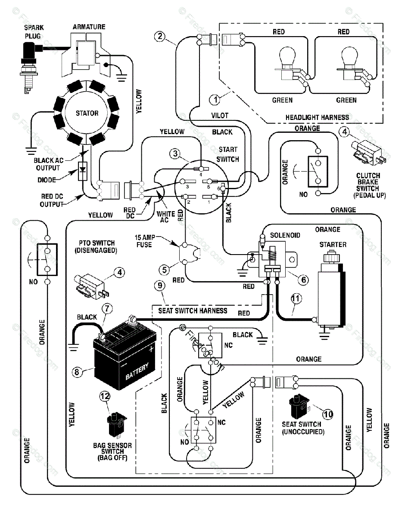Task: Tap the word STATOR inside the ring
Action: pyautogui.click(x=87, y=113)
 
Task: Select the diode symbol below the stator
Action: pyautogui.click(x=83, y=171)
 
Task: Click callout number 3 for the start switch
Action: pyautogui.click(x=175, y=154)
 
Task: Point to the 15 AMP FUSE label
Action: pyautogui.click(x=144, y=241)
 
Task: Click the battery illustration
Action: pyautogui.click(x=125, y=353)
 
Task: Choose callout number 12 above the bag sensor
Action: pyautogui.click(x=105, y=396)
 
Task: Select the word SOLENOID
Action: pyautogui.click(x=285, y=235)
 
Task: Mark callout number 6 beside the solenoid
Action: pyautogui.click(x=303, y=279)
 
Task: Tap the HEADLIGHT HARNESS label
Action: pyautogui.click(x=317, y=117)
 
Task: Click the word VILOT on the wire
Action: pyautogui.click(x=220, y=116)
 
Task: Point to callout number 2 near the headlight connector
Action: pyautogui.click(x=160, y=36)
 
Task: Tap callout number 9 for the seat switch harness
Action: pyautogui.click(x=160, y=286)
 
